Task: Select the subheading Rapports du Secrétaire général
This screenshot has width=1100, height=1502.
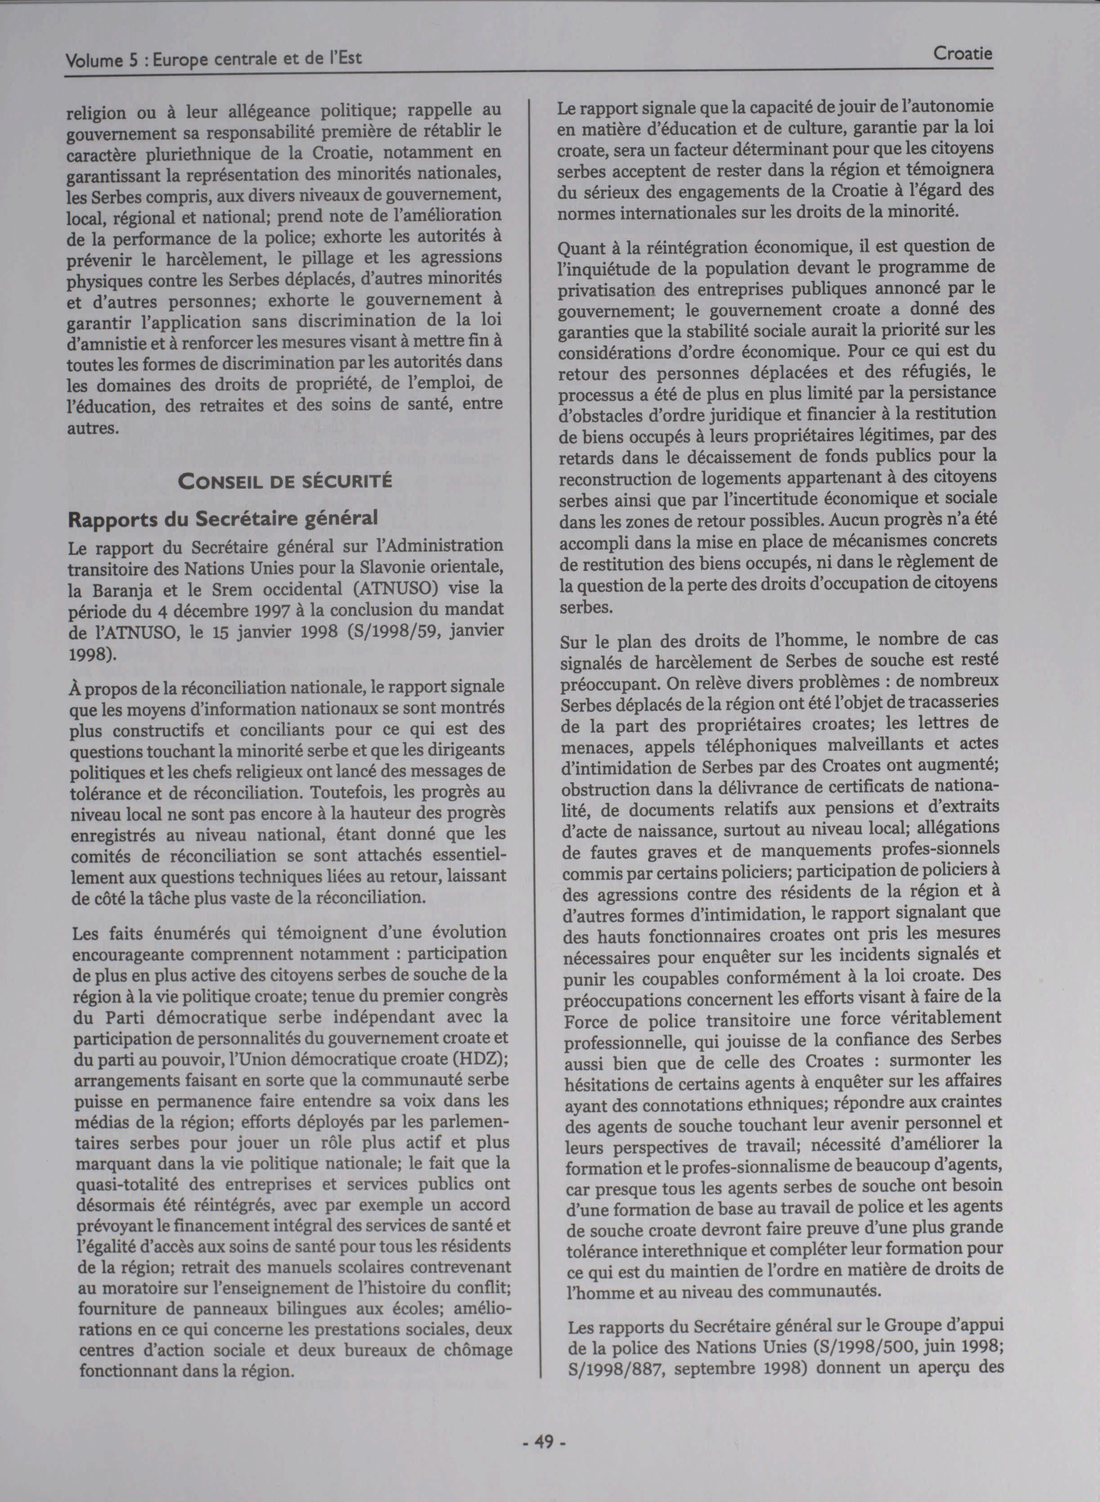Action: (x=223, y=518)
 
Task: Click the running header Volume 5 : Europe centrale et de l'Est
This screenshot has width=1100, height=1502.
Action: (x=213, y=59)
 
